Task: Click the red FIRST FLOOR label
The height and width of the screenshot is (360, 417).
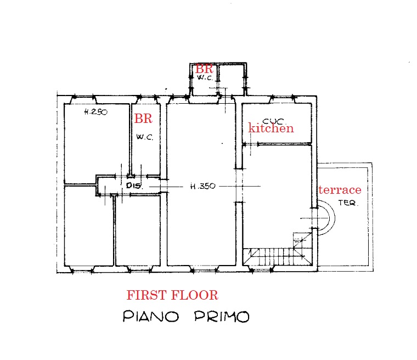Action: [x=172, y=295]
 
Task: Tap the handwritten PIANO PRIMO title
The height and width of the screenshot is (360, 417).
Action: [x=185, y=317]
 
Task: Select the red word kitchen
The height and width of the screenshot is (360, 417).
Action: [x=271, y=128]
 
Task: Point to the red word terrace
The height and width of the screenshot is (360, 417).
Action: [x=340, y=190]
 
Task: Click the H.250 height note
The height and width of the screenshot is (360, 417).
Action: [x=95, y=112]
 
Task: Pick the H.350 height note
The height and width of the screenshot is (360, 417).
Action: [x=202, y=187]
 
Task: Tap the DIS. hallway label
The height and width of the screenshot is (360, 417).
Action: [x=134, y=186]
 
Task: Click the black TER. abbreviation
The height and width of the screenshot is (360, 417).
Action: [x=347, y=203]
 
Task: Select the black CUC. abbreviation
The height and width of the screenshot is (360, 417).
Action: [x=273, y=121]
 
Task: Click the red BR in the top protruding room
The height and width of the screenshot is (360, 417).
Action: [x=204, y=69]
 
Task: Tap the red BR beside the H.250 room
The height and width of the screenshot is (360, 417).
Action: [x=143, y=119]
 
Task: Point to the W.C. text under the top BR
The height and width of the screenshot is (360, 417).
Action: [x=204, y=78]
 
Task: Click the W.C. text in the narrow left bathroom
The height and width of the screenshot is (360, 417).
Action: [x=144, y=137]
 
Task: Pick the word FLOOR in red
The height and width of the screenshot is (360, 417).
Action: [x=196, y=295]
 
